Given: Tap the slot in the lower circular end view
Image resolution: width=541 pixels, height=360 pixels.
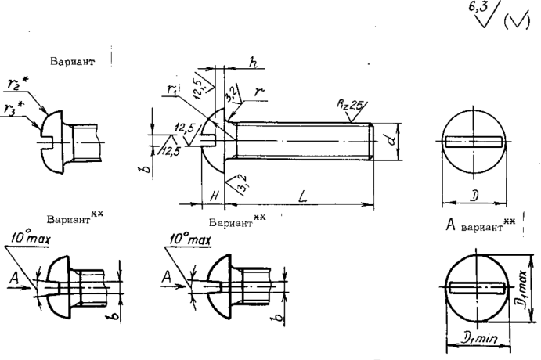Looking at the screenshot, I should point(475,287).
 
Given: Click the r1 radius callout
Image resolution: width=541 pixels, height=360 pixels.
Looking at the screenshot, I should point(173,91).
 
